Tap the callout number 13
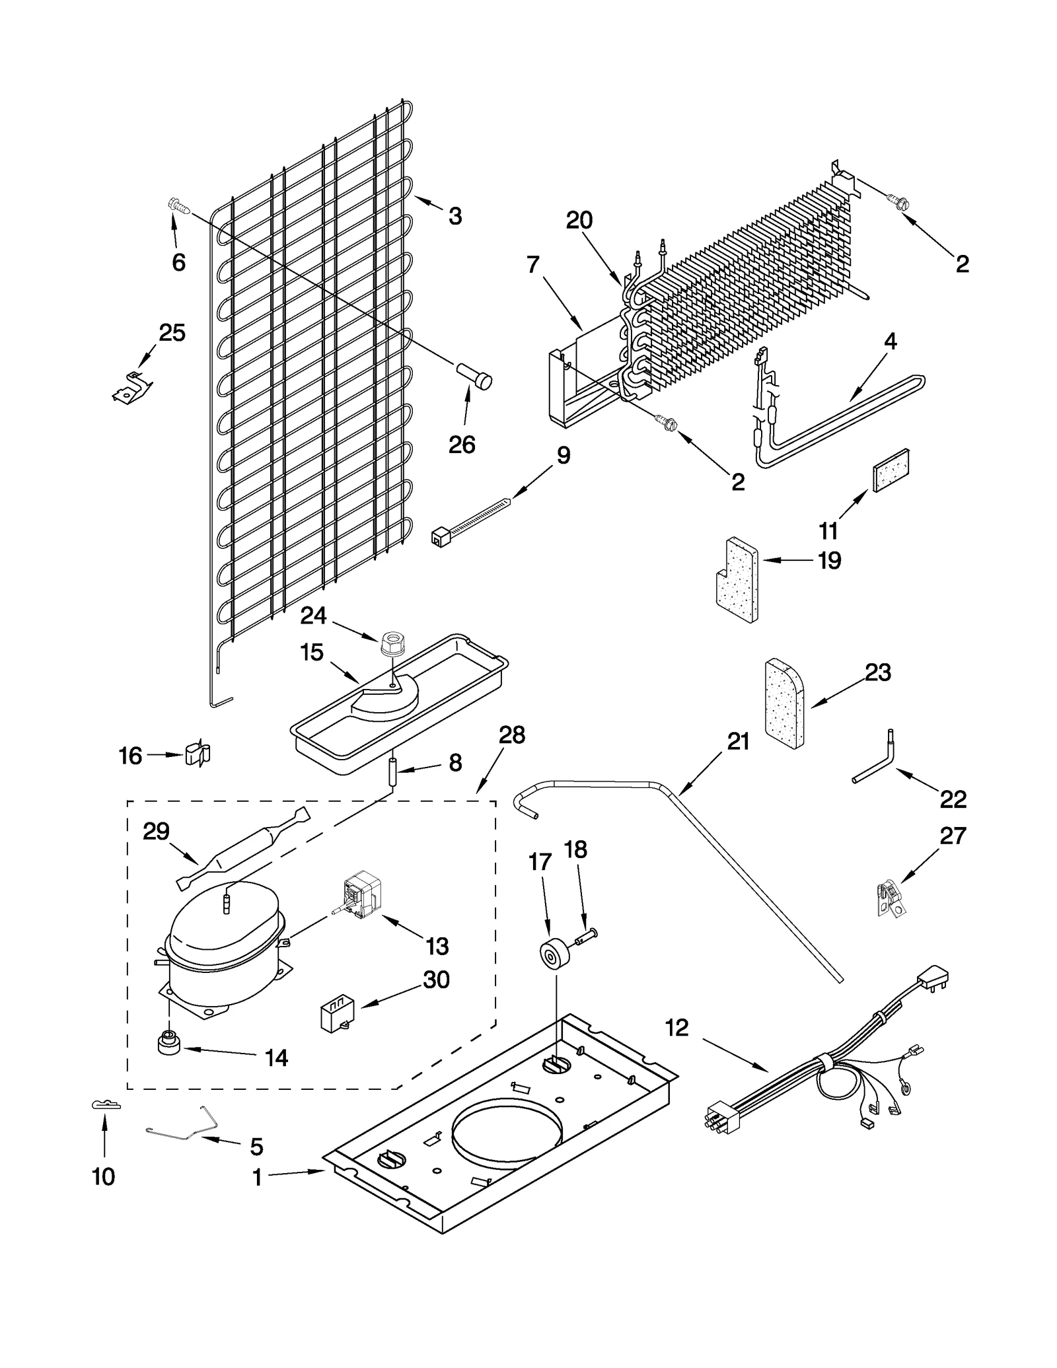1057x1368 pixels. click(437, 947)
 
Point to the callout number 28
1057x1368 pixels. click(512, 735)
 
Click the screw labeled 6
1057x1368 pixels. click(178, 206)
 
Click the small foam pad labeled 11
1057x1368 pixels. click(892, 470)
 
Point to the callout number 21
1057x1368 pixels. click(738, 741)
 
